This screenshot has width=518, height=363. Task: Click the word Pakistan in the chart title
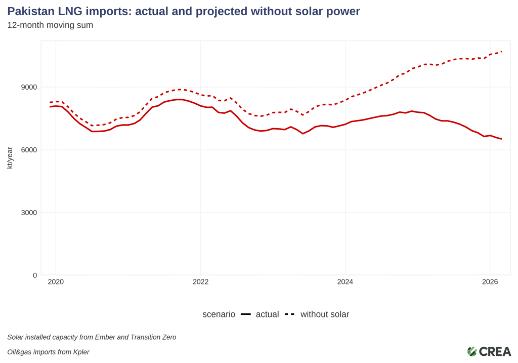30,12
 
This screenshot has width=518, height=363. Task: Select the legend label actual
267,314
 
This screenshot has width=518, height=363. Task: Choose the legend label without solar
325,314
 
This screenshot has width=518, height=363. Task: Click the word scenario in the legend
219,314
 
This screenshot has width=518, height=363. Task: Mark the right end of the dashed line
501,52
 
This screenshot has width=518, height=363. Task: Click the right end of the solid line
501,139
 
